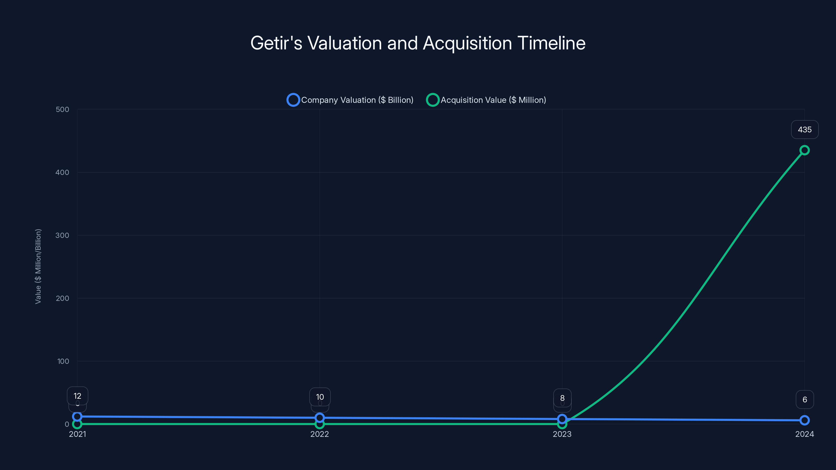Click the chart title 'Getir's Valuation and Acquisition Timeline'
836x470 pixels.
418,43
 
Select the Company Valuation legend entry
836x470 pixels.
351,100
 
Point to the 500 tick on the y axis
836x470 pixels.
62,110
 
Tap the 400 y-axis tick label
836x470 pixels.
62,173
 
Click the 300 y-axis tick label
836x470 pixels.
62,236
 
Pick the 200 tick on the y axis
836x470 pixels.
62,298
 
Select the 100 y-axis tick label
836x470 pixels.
63,361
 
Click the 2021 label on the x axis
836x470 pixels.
78,434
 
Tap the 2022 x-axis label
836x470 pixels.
320,434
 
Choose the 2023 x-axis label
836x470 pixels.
562,434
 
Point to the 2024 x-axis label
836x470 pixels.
805,434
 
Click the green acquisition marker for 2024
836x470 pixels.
805,150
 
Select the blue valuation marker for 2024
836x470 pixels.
805,420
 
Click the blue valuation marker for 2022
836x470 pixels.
320,418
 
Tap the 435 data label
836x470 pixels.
805,130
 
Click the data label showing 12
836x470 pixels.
78,396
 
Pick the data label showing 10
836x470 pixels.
320,397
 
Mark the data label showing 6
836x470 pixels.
805,399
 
